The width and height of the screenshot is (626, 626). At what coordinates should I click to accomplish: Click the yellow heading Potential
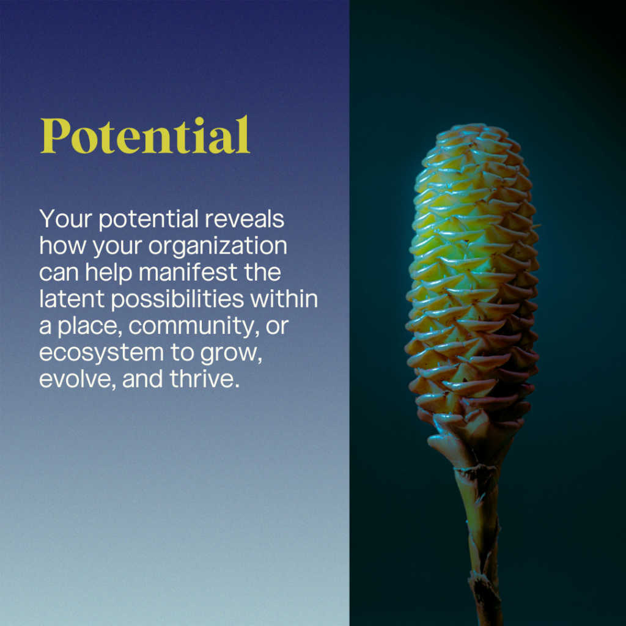[145, 135]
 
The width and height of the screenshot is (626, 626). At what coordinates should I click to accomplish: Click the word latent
[72, 299]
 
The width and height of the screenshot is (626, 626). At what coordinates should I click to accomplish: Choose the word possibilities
[177, 300]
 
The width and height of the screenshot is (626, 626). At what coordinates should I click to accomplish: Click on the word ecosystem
[101, 353]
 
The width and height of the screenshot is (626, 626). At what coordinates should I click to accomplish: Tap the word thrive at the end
[205, 378]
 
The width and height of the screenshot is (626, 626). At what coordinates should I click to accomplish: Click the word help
[109, 273]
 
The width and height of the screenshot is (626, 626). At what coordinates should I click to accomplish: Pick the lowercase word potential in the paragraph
[149, 220]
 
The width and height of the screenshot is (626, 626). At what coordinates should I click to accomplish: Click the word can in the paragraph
[59, 273]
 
